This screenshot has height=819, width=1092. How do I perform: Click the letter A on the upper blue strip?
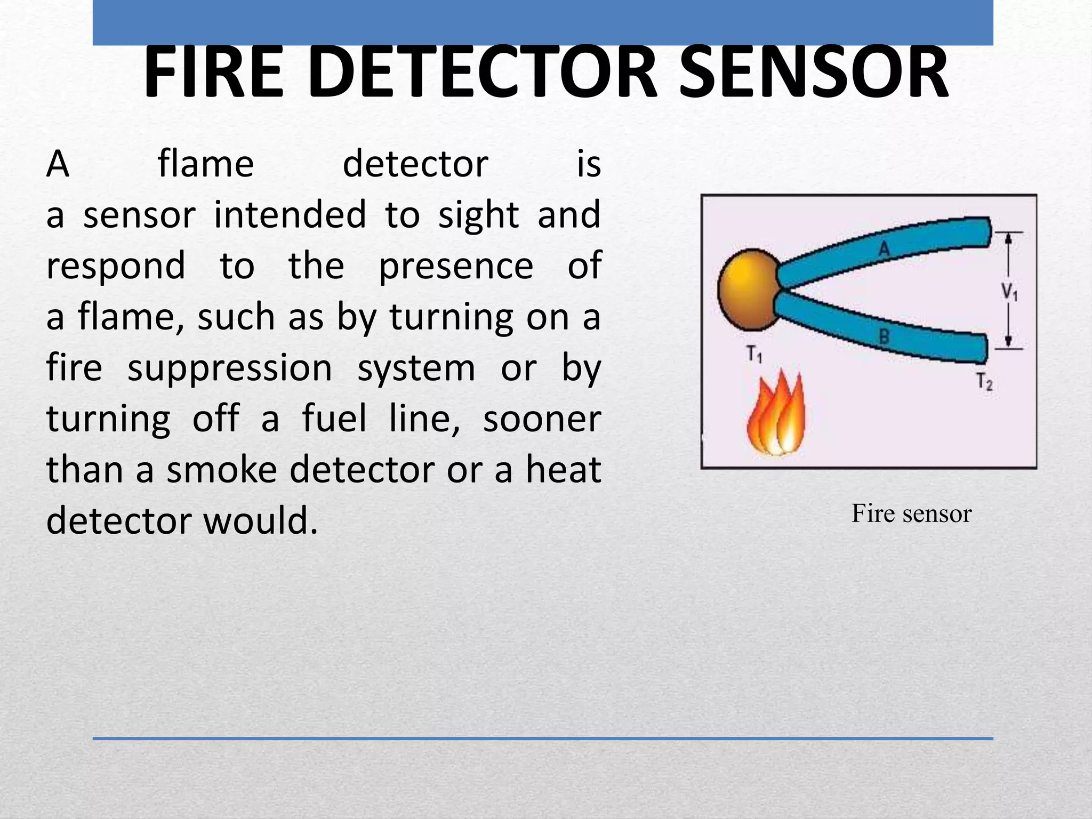[884, 248]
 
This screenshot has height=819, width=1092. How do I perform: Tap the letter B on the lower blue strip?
[884, 336]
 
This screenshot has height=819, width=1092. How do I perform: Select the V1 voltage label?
[1009, 292]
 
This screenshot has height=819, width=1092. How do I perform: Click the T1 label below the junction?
[754, 354]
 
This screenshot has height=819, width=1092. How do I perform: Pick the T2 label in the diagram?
[984, 381]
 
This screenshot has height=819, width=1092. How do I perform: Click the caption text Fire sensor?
[911, 513]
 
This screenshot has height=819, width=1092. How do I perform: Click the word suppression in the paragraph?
[230, 368]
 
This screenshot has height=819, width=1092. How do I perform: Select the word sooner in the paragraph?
[542, 419]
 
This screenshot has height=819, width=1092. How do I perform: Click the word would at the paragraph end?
[261, 521]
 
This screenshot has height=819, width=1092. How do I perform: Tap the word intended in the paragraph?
[290, 215]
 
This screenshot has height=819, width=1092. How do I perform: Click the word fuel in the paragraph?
[334, 419]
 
